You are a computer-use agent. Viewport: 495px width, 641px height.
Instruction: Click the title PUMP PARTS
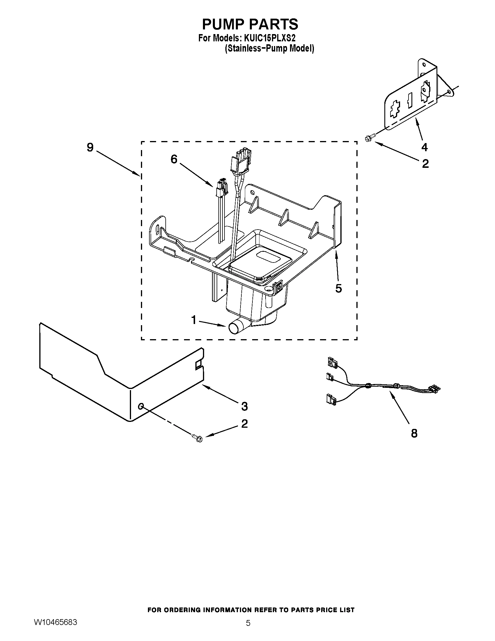pyautogui.click(x=250, y=24)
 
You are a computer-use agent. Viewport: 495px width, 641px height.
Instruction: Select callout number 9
pyautogui.click(x=90, y=147)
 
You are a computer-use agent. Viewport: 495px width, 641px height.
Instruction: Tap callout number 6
pyautogui.click(x=174, y=159)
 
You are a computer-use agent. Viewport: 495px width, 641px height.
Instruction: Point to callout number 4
pyautogui.click(x=424, y=147)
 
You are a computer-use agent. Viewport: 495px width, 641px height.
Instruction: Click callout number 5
pyautogui.click(x=338, y=288)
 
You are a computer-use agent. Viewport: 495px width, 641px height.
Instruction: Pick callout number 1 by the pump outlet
pyautogui.click(x=194, y=320)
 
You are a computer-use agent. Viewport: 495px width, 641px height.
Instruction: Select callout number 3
pyautogui.click(x=244, y=406)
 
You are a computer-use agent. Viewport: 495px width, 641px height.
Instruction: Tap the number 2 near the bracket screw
pyautogui.click(x=425, y=164)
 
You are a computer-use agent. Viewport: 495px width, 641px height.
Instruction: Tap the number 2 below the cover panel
pyautogui.click(x=244, y=424)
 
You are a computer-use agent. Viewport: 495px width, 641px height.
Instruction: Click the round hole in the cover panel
pyautogui.click(x=141, y=406)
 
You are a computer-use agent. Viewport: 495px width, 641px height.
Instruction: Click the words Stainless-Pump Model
pyautogui.click(x=269, y=48)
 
